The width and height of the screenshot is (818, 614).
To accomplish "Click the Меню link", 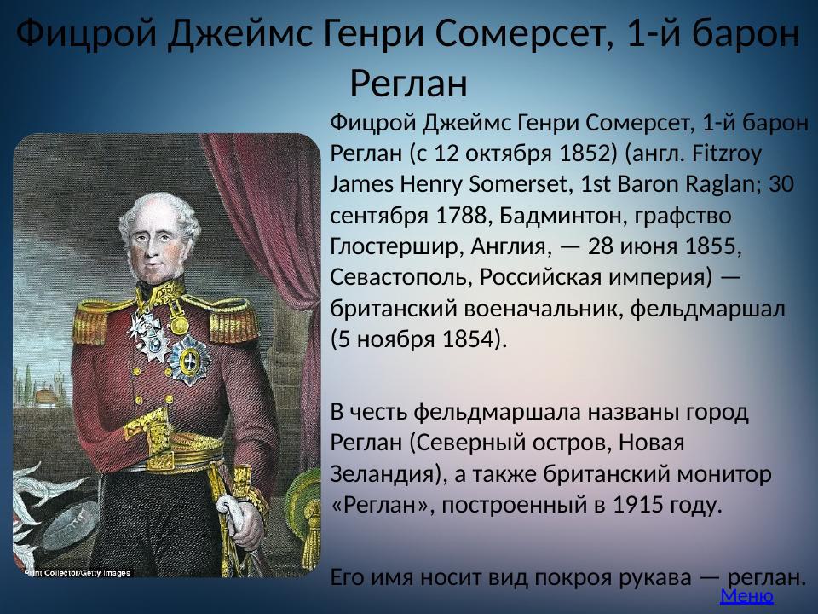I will (746, 596).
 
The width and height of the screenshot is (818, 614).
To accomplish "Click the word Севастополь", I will (400, 277).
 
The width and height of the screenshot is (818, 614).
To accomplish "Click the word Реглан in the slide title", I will (409, 83).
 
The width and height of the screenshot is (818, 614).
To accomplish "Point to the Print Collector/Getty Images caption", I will (77, 572).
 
